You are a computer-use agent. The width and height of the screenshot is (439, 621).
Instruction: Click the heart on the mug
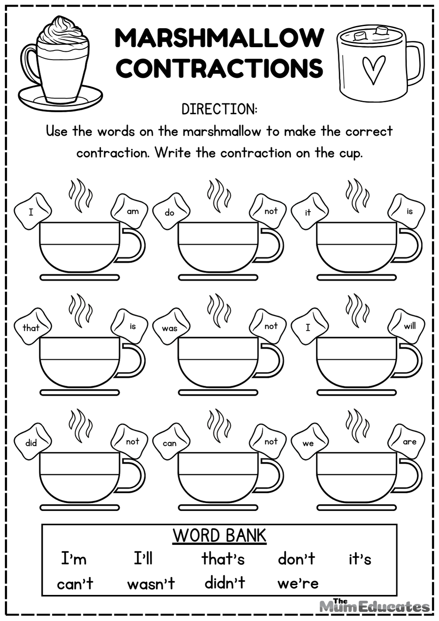click(373, 69)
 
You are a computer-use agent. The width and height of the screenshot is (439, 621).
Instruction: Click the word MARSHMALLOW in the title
click(219, 38)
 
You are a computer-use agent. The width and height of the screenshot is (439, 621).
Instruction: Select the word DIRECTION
click(219, 109)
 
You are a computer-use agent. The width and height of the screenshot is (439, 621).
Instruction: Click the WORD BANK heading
click(219, 535)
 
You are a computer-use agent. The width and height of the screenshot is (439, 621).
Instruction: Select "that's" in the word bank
click(223, 559)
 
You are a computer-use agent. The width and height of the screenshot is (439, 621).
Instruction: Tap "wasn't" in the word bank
click(151, 584)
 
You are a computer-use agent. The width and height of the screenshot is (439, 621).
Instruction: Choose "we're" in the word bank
click(298, 583)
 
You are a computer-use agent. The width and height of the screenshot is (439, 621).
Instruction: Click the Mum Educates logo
click(374, 606)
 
